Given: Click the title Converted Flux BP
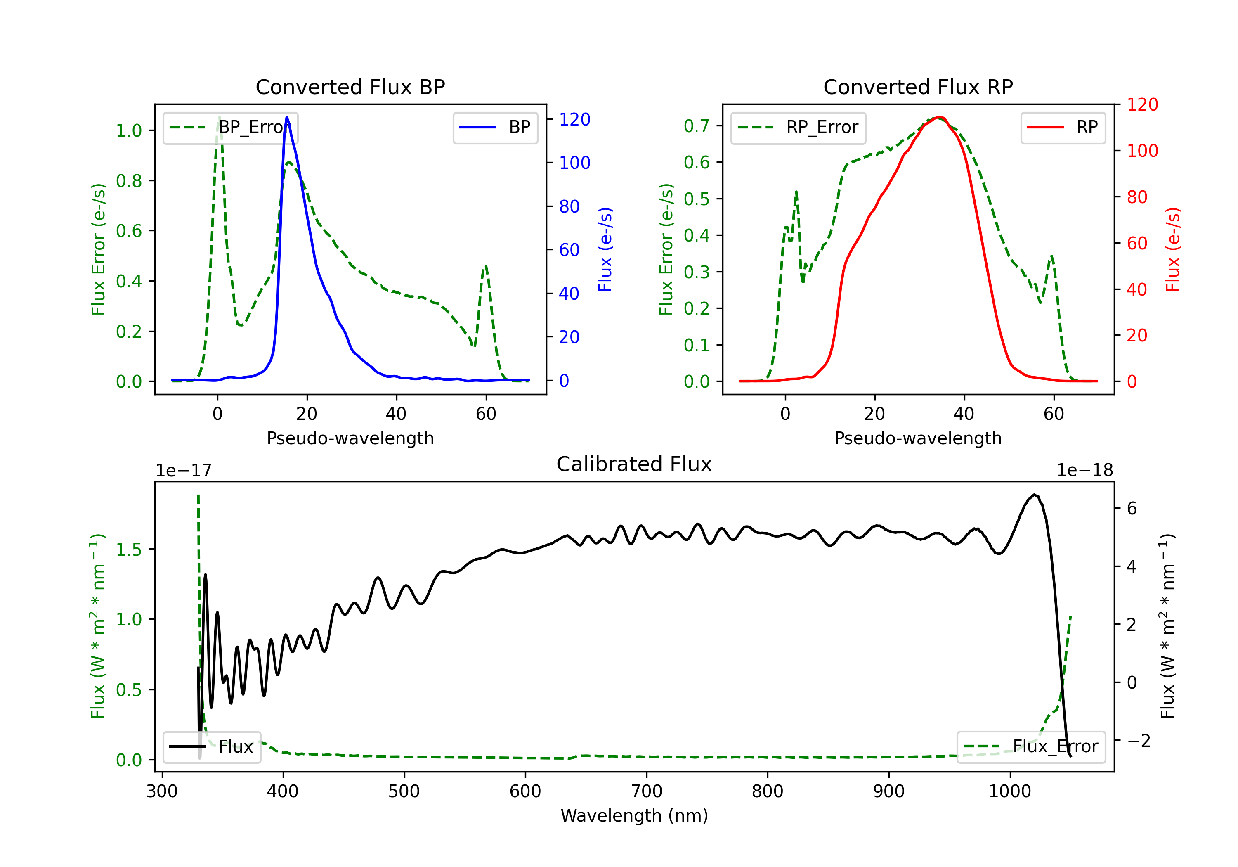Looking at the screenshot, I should point(350,87).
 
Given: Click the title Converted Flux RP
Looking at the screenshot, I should point(918,87).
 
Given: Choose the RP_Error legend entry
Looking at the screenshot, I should point(798,127).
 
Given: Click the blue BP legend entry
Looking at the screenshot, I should point(495,127).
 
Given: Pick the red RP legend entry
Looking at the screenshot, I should point(1063,127).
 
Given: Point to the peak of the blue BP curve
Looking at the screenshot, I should point(287,117).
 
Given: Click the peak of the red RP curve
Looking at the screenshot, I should point(939,117).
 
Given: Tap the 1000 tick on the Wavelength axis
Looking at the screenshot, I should point(1009,791).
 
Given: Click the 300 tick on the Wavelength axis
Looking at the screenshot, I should point(162,791).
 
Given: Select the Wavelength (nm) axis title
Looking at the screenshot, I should point(634,815).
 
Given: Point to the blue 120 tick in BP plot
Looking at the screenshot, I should point(574,119).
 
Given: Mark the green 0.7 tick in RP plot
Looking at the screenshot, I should point(696,126).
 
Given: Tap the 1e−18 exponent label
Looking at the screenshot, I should point(1084,471).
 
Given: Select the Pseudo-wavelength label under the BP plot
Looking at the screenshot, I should point(350,438).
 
